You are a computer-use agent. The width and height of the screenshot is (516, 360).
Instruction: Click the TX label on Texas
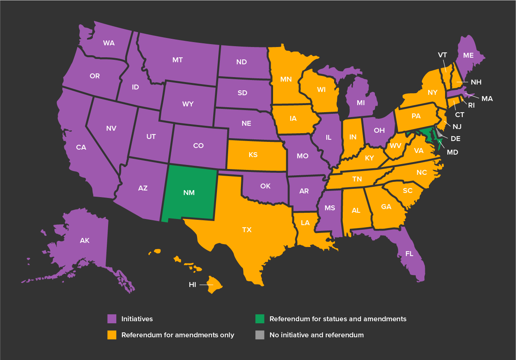point(247,230)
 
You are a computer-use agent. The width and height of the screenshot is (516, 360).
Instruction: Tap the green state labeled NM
point(189,193)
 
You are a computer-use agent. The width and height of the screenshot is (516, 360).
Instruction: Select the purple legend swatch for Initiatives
point(112,319)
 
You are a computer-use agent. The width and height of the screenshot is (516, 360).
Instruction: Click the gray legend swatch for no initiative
point(259,335)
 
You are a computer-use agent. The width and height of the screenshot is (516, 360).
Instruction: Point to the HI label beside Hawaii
point(192,285)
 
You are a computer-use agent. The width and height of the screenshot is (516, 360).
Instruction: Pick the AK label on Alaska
point(85,240)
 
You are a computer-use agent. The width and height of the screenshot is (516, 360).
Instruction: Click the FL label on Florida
point(409,254)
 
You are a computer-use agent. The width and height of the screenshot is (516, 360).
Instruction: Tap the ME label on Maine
point(468,55)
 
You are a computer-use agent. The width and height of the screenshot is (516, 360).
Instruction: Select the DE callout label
point(455,139)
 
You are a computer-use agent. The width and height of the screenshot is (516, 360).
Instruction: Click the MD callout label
point(452,152)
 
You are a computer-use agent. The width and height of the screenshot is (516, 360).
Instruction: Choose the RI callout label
point(471,105)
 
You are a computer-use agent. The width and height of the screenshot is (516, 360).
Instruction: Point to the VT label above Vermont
point(443,55)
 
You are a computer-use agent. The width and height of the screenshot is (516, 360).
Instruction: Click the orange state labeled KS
point(253,155)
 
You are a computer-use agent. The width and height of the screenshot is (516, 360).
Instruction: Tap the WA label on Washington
point(109,43)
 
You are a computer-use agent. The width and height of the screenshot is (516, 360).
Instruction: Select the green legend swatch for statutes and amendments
point(259,319)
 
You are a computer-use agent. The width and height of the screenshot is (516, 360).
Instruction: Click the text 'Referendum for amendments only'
point(178,335)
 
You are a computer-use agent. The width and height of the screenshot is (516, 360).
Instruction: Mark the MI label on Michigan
point(361,102)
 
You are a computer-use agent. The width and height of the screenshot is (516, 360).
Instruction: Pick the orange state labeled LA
point(305,223)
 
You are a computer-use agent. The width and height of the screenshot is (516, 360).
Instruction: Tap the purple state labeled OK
point(265,186)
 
